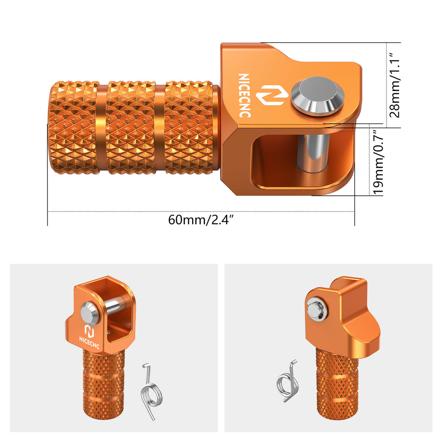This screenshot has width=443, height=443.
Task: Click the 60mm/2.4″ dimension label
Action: [201, 220]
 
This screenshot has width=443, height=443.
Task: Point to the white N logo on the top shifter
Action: [269, 95]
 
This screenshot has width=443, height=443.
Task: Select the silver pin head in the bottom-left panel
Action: [90, 313]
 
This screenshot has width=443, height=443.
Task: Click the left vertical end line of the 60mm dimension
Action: [48, 177]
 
